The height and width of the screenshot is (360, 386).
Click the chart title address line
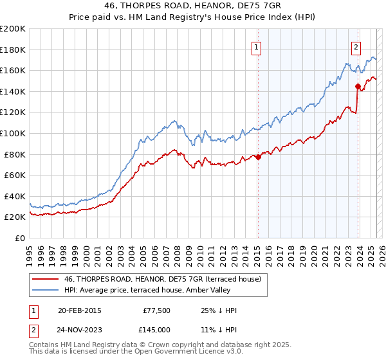[x=192, y=5]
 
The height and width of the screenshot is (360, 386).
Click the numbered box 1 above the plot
[x=256, y=46]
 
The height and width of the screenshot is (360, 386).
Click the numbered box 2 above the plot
[x=356, y=46]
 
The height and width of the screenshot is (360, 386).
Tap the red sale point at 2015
[x=258, y=157]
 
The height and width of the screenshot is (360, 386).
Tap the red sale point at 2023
[x=358, y=85]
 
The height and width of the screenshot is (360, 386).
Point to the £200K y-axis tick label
[x=13, y=28]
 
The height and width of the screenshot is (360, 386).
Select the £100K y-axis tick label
[x=13, y=133]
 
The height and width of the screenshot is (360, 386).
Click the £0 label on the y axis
[x=19, y=238]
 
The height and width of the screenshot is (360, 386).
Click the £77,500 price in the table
[x=157, y=310]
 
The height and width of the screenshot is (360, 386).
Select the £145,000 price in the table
[x=157, y=329]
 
